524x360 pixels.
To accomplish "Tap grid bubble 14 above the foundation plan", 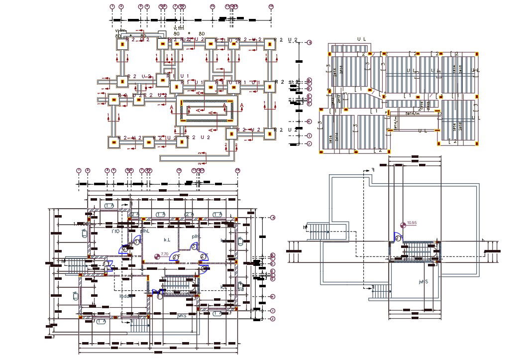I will tap(271, 6).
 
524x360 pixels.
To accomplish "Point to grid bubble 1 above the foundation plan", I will tap(113, 6).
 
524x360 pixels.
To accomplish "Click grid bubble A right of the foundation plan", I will tap(309, 43).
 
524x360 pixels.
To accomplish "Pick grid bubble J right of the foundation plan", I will tap(309, 144).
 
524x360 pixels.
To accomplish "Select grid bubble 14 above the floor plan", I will tap(237, 170).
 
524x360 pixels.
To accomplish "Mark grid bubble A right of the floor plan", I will tap(273, 218).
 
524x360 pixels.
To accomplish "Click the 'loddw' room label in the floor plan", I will tap(126, 296).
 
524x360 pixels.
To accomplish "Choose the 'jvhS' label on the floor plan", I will tap(182, 315).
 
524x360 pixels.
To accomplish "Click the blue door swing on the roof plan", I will tap(398, 237).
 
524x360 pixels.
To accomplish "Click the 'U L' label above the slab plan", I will tap(362, 39).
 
